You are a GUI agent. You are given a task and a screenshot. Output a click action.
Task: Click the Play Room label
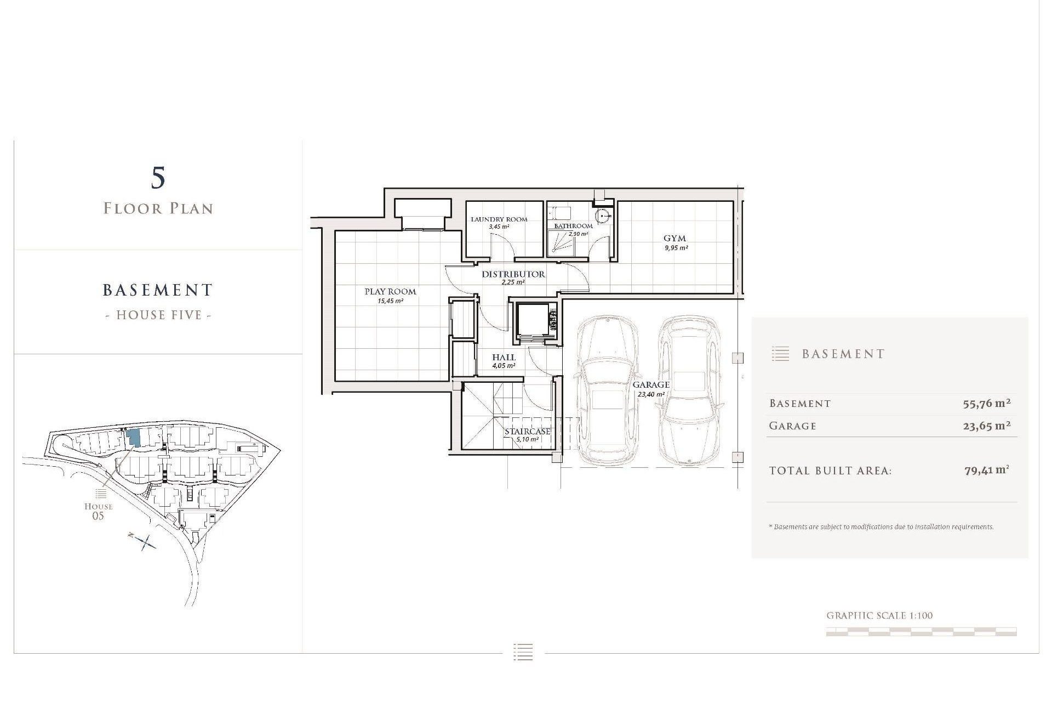point(390,291)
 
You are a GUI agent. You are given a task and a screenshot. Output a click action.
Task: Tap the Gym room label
point(674,238)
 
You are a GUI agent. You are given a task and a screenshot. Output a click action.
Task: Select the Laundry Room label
point(499,219)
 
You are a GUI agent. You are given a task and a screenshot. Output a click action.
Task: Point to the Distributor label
point(513,274)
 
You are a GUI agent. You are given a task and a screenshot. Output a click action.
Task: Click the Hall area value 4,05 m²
point(504,366)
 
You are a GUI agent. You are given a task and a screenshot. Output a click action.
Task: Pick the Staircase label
point(527,432)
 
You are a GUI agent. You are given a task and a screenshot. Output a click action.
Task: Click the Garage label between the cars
point(651,385)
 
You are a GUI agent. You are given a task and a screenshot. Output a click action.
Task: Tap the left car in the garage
point(607,389)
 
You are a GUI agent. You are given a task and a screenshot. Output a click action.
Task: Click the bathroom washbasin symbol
point(604,215)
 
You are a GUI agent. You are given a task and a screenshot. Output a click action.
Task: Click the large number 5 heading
point(158,178)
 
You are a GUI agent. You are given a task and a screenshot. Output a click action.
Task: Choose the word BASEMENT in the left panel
point(158,290)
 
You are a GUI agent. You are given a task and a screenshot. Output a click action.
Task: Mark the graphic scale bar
point(921,632)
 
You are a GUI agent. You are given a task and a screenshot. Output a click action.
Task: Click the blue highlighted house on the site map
point(133,438)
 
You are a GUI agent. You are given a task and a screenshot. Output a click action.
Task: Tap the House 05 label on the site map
point(99,511)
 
